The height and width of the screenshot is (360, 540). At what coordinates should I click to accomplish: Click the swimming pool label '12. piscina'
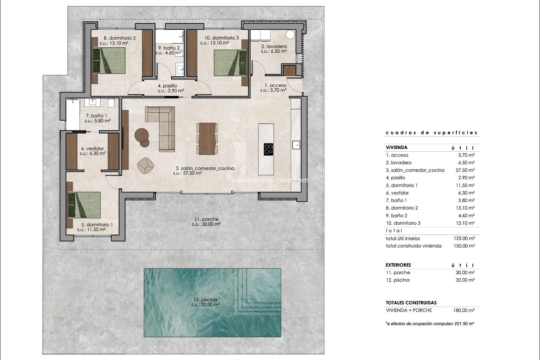tap(205, 300)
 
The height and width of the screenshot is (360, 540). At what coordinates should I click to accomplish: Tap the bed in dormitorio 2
tap(109, 60)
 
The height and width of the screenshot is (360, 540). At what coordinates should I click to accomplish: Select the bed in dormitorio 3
tap(230, 63)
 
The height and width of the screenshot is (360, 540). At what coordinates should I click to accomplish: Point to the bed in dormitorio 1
tap(84, 205)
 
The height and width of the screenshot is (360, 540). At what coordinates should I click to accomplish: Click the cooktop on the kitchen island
tap(268, 149)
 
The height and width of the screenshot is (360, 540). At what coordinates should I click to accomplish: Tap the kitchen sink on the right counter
tap(296, 145)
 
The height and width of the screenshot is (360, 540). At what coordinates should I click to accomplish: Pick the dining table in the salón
tap(207, 139)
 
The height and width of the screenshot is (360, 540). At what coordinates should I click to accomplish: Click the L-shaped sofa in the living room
tap(163, 124)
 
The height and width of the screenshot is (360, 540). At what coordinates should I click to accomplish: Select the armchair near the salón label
tap(145, 166)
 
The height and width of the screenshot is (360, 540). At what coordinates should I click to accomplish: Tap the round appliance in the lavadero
tap(290, 35)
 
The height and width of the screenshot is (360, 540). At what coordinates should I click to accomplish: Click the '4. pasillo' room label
tap(167, 86)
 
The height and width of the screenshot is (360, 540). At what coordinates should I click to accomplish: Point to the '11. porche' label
tap(206, 219)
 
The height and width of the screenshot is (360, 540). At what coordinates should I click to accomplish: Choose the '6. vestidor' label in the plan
tap(93, 148)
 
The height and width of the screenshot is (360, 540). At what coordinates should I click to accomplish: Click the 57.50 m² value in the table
tap(465, 170)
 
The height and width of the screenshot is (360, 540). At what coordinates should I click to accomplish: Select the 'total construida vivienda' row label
tap(413, 246)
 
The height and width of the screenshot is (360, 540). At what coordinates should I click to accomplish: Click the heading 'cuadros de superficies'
tap(431, 132)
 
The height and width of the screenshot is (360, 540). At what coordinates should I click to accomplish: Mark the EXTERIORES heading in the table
tap(398, 265)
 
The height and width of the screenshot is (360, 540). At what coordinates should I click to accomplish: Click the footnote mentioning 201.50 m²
tap(430, 324)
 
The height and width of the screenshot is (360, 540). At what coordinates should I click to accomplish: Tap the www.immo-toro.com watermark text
tap(269, 180)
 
